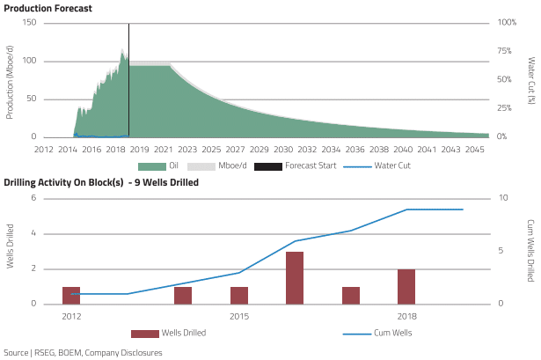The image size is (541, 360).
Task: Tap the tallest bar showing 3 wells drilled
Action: pos(295,277)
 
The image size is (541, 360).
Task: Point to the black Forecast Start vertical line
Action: pos(128,79)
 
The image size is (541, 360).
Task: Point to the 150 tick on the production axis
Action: pos(29,22)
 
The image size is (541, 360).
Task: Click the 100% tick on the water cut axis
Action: pos(506,22)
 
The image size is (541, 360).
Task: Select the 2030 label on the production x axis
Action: pos(283,150)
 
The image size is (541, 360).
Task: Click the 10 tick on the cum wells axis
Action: pos(501,198)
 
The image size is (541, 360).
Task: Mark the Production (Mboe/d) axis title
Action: pos(10,80)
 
